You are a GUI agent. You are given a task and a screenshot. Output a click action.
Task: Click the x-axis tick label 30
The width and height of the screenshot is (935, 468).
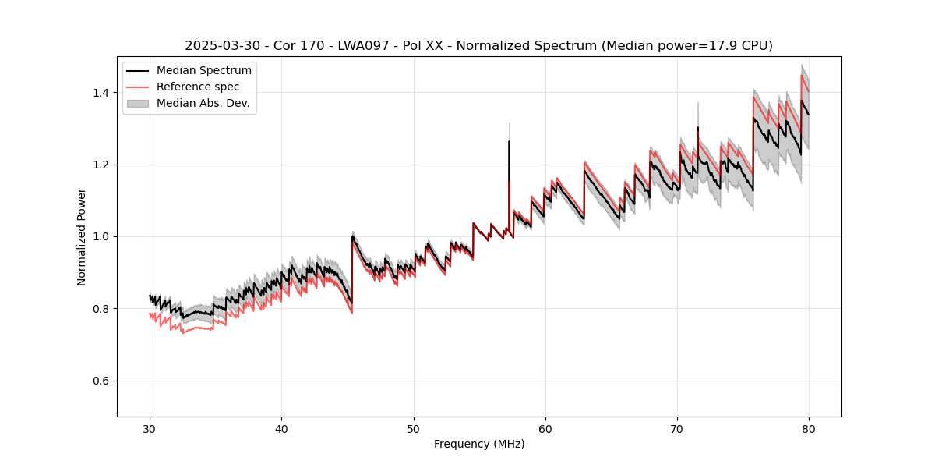click(x=150, y=428)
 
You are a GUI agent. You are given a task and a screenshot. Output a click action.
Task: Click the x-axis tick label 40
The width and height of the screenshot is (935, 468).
click(x=282, y=428)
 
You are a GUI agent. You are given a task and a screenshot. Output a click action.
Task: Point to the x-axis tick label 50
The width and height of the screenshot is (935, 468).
click(x=414, y=428)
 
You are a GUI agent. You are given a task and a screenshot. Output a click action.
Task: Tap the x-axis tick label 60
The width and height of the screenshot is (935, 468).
click(x=545, y=428)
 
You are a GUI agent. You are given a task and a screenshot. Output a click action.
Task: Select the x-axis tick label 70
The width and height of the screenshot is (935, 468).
click(x=677, y=428)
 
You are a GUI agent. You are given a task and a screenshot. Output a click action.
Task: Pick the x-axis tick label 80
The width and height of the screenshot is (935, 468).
click(x=809, y=428)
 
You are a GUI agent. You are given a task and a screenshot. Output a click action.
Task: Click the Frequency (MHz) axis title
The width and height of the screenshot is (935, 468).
click(x=479, y=444)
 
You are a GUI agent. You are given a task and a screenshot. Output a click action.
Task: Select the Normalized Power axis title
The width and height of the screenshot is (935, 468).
click(x=82, y=236)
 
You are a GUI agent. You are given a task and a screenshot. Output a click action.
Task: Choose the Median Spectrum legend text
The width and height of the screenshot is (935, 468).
click(x=203, y=71)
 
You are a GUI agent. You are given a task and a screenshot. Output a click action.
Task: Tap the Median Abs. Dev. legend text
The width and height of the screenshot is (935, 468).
click(x=203, y=103)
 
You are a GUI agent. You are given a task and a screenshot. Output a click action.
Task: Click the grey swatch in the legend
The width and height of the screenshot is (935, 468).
click(x=138, y=103)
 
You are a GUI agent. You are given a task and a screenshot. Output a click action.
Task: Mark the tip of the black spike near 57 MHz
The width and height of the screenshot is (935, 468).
click(x=509, y=141)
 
